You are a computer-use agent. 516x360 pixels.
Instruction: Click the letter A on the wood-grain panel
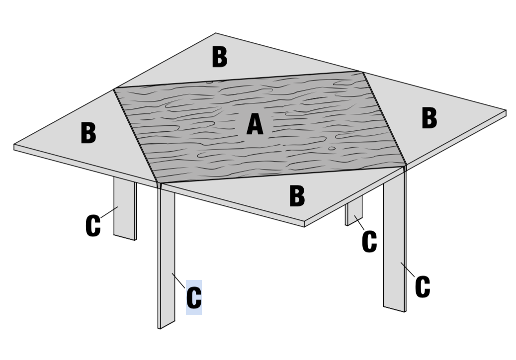point(255,124)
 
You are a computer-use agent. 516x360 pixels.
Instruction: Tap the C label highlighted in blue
point(194,297)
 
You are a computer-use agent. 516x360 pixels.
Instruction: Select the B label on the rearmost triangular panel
point(220,57)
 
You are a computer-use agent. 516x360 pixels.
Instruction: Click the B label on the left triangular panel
point(88,133)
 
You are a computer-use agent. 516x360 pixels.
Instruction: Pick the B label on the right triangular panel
point(429,117)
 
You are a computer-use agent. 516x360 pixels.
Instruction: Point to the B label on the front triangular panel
point(297,196)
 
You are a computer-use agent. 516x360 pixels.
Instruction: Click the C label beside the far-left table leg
point(93,226)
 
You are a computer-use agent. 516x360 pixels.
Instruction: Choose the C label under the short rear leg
point(369,242)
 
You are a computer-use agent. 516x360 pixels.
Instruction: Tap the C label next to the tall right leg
point(423,287)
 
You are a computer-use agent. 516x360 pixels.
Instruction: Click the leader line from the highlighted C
point(178,280)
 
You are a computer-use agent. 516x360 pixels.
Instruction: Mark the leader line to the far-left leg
point(109,212)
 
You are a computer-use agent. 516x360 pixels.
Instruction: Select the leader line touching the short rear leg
point(359,223)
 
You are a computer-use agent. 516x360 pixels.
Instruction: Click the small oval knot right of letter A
point(332,148)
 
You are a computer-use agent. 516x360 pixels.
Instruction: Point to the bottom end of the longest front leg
point(167,325)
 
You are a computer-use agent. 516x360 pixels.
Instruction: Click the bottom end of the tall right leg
point(394,309)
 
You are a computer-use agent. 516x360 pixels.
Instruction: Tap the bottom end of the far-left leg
point(125,237)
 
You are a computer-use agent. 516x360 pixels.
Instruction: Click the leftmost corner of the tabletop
point(14,145)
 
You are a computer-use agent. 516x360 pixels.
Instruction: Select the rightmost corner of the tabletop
point(506,110)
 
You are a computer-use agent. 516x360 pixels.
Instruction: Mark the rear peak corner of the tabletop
point(216,33)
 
